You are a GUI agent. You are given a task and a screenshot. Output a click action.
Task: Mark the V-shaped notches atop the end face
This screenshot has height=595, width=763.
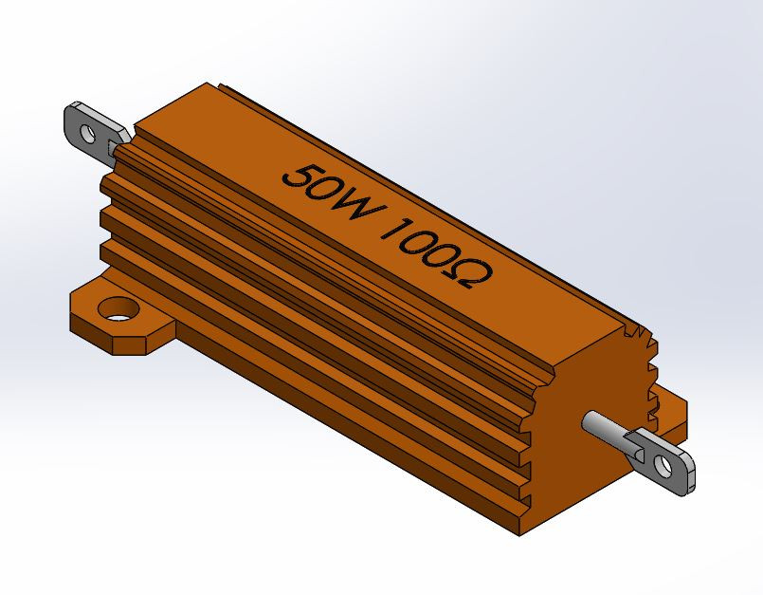click(640, 337)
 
